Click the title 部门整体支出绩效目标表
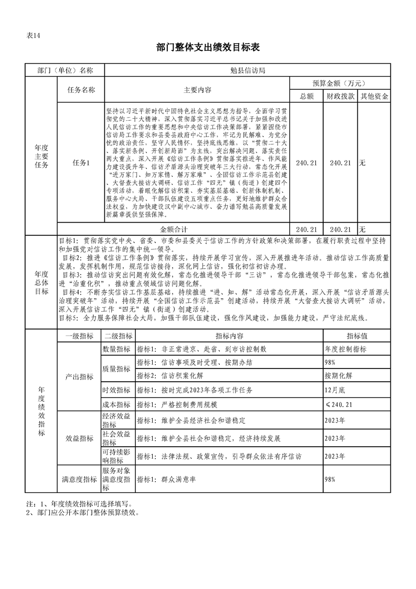(x=208, y=48)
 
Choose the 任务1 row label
(x=81, y=163)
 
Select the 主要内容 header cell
(x=197, y=90)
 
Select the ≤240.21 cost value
(x=338, y=405)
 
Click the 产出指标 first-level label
(x=79, y=377)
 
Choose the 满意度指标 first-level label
(x=79, y=479)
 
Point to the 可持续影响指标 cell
(x=117, y=456)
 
